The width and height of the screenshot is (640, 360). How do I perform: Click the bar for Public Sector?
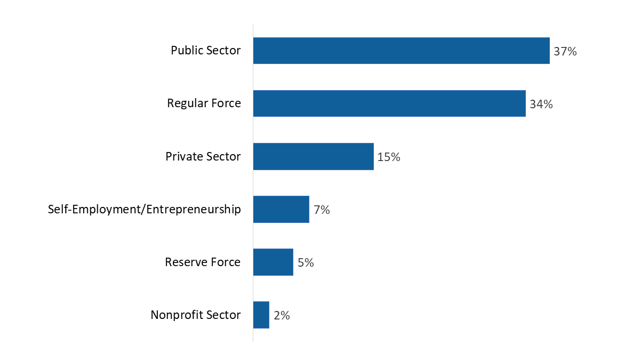(x=401, y=51)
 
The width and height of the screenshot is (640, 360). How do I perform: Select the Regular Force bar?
(x=389, y=103)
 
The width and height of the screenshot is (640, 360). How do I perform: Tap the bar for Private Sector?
(x=313, y=156)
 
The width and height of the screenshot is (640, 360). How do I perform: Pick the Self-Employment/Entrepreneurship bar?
(x=281, y=209)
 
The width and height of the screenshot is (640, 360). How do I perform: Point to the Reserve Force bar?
(x=273, y=262)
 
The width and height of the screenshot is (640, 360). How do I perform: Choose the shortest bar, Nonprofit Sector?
(x=261, y=315)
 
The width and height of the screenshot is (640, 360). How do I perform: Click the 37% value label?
(x=565, y=52)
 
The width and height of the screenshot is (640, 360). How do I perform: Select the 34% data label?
(x=541, y=105)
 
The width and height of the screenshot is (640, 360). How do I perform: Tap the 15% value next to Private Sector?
(x=389, y=157)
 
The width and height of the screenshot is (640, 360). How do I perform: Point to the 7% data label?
(x=322, y=210)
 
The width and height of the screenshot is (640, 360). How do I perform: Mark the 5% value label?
(x=306, y=263)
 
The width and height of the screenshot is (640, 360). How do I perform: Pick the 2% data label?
(x=282, y=316)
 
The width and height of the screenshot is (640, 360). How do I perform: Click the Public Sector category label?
(x=205, y=51)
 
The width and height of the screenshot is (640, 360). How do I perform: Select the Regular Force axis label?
(x=204, y=103)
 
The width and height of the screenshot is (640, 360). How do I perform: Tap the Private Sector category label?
(x=203, y=157)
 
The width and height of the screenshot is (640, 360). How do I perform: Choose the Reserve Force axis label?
(x=203, y=262)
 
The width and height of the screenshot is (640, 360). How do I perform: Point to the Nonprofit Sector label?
(x=195, y=315)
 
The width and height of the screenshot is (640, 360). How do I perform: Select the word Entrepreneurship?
(x=193, y=210)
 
